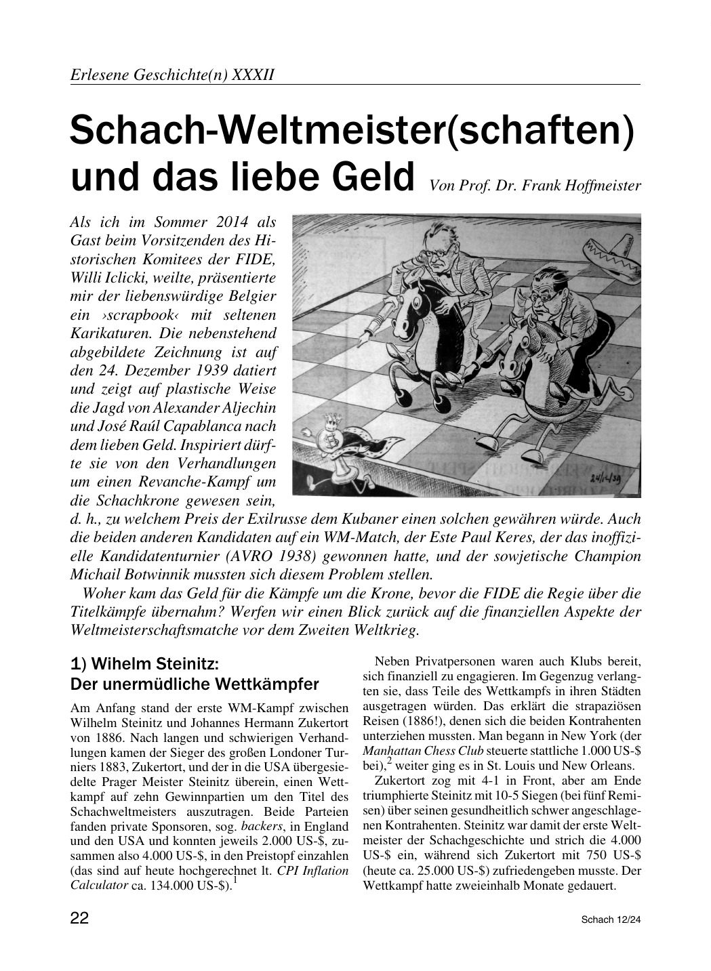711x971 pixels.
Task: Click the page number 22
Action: coord(80,919)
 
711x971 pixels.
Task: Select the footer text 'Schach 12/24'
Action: coord(610,920)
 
